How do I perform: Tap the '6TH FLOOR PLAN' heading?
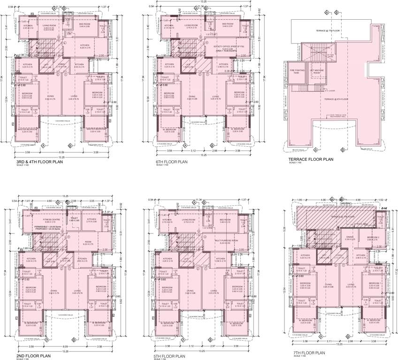pyautogui.click(x=172, y=162)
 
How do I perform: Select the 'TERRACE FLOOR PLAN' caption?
pyautogui.click(x=311, y=159)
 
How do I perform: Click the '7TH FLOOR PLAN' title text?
pyautogui.click(x=308, y=352)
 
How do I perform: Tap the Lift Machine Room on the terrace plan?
pyautogui.click(x=317, y=71)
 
